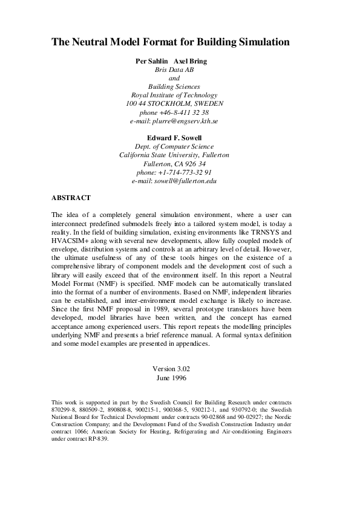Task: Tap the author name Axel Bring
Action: (191, 61)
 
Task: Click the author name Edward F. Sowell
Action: (174, 137)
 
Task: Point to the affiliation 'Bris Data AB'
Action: (174, 70)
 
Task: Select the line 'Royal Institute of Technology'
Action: (174, 95)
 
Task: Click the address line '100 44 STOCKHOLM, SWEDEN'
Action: (174, 103)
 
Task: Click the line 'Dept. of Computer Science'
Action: (174, 146)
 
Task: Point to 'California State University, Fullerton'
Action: (174, 155)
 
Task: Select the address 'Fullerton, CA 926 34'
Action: (174, 163)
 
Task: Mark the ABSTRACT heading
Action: (71, 197)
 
